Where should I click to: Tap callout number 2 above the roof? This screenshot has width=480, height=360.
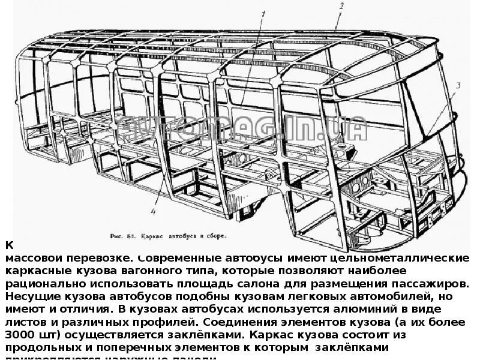[340, 7]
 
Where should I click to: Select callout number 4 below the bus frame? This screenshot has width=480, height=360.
[154, 211]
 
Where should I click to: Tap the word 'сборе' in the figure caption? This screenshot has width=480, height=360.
[217, 236]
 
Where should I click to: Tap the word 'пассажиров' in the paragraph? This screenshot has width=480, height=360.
[429, 283]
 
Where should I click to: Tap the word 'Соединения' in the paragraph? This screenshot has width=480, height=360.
[232, 321]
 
